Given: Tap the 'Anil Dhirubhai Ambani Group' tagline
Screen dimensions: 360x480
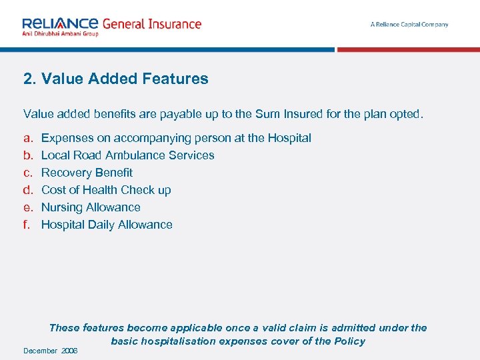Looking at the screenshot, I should point(60,33).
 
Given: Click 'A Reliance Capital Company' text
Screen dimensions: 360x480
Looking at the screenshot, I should point(409,25).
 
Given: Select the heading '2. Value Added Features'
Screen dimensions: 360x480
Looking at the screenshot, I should point(116,79).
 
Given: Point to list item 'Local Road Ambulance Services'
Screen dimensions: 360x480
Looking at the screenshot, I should point(127,155).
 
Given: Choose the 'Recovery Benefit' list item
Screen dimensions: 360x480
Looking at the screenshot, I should point(87,173).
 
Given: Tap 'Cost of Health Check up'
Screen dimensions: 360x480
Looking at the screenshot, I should point(106,190).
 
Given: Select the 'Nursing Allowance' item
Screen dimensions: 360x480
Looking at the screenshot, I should point(91,207).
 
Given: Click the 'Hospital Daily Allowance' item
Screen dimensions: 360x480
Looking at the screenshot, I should point(107,225).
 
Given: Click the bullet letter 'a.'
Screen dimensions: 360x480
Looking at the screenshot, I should point(28,138).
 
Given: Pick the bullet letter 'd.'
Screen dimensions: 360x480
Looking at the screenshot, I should point(28,190).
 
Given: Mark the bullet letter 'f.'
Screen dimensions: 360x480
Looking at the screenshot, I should point(27,225).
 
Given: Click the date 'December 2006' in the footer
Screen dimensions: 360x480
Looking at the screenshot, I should point(51,351).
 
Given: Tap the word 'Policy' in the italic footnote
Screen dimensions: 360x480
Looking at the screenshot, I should point(349,341).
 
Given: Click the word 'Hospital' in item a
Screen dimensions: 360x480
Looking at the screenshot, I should point(289,138).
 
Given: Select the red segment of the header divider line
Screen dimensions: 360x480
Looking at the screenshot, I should point(407,50).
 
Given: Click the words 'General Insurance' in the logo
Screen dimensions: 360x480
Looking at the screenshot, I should point(151,24).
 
